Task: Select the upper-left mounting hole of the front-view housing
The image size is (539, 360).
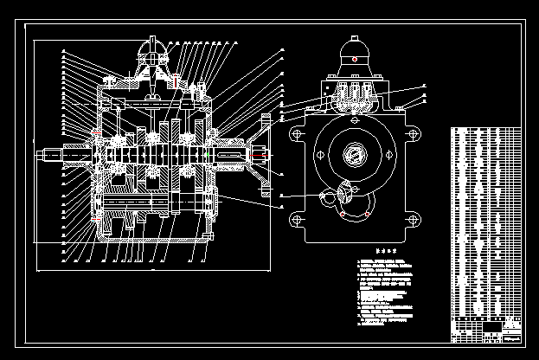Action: (298, 133)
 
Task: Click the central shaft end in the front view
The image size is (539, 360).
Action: (354, 156)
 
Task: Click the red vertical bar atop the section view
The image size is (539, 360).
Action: (176, 81)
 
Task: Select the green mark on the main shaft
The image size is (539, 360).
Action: (210, 154)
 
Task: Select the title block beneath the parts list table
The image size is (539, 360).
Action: (487, 331)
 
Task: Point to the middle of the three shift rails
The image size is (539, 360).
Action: (352, 93)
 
